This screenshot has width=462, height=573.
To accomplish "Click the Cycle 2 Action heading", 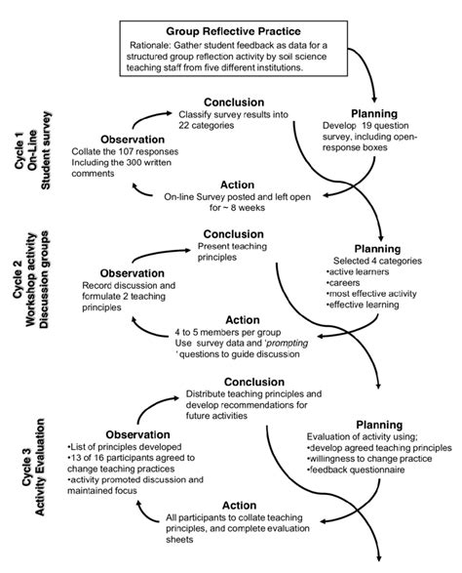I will click(241, 319).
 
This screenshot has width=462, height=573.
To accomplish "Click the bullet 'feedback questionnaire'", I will click(359, 471).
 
